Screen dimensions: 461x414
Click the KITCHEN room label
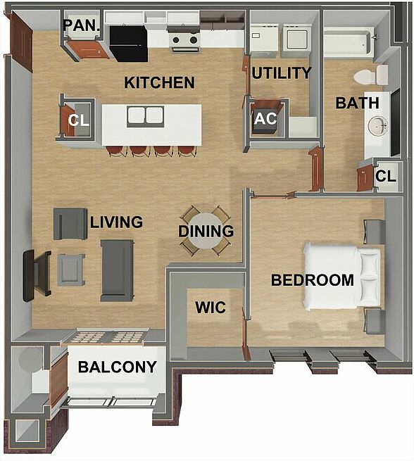coord(159,83)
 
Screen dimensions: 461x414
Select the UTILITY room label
coord(281,73)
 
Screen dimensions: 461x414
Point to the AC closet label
coord(265,118)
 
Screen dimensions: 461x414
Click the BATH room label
coord(357,103)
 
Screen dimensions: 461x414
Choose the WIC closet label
coord(210,308)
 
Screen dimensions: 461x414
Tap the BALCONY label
coord(116,367)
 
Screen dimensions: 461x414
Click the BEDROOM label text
coord(313,280)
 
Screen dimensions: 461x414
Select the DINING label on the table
coord(206,231)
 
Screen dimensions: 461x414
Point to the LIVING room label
coord(116,222)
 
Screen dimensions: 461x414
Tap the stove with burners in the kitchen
coord(184,40)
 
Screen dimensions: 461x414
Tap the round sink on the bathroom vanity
coord(378,127)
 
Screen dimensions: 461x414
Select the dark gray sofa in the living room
coord(117,270)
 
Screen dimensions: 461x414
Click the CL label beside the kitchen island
coord(78,120)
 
